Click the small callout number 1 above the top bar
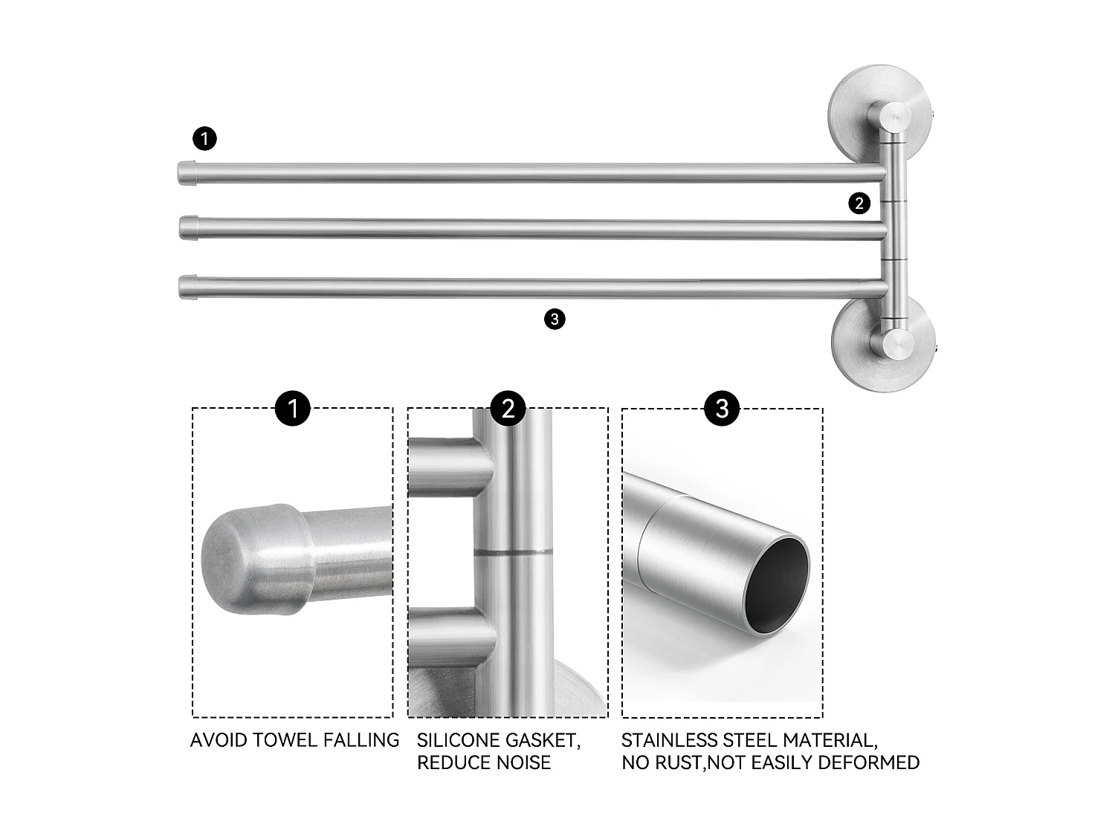(204, 139)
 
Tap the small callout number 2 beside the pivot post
(859, 203)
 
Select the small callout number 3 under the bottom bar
(555, 320)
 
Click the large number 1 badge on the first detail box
(292, 408)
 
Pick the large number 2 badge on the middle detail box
(508, 408)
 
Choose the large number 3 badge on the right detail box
(722, 408)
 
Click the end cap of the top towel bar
(187, 172)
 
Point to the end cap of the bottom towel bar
(189, 286)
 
